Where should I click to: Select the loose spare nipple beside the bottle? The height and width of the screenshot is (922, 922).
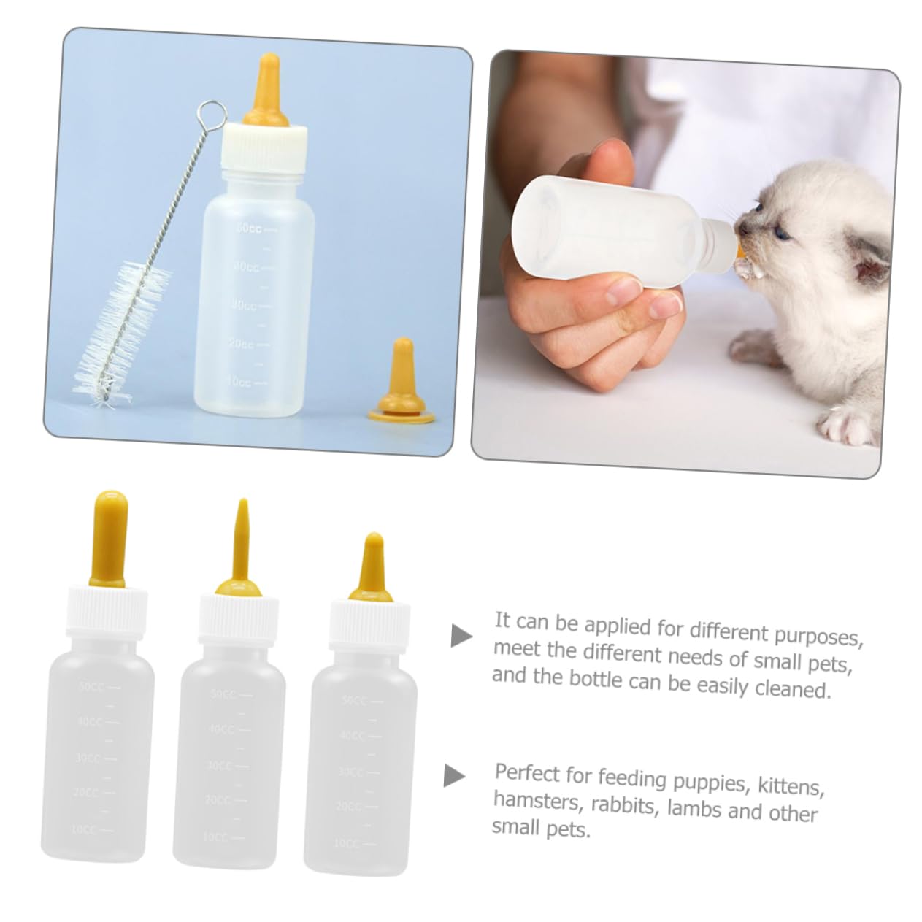401,380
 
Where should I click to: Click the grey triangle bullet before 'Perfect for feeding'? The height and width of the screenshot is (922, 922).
454,775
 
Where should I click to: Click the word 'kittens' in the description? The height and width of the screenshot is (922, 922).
793,787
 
